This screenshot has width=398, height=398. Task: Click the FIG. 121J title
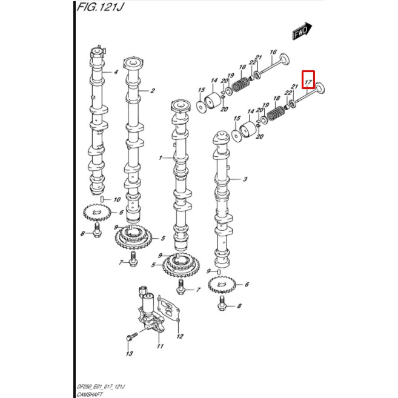tap(100, 7)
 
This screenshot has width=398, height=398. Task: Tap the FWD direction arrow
tap(302, 31)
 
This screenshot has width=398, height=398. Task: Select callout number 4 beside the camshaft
tap(116, 72)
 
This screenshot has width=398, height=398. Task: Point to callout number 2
tap(152, 90)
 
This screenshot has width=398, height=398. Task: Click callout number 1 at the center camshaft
tap(160, 158)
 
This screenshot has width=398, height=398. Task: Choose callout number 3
tap(245, 179)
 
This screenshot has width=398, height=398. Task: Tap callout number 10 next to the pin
tap(117, 199)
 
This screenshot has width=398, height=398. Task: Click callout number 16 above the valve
tap(273, 52)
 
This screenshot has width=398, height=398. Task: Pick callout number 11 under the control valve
tap(160, 346)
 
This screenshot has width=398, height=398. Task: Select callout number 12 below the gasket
tap(180, 336)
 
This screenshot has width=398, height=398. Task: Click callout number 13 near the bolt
tap(130, 353)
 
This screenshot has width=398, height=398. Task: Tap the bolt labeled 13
tap(131, 336)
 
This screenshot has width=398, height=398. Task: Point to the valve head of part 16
tap(285, 60)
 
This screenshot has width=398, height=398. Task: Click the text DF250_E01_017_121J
tap(101, 387)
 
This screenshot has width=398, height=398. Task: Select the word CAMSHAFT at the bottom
tap(90, 394)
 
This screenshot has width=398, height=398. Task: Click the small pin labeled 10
tap(102, 199)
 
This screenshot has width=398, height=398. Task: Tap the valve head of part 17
tap(320, 88)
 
